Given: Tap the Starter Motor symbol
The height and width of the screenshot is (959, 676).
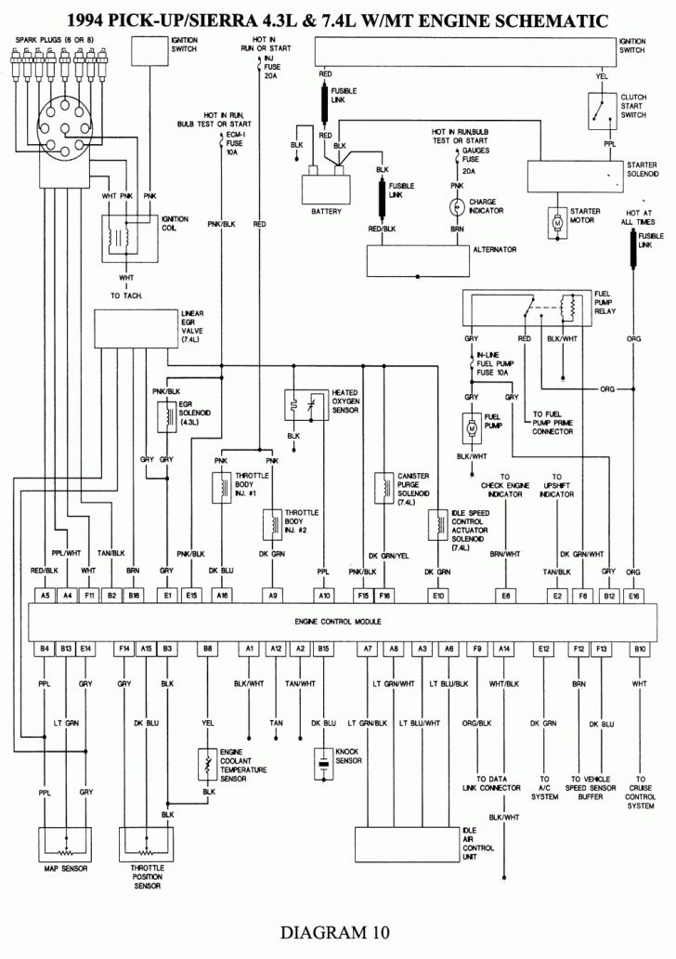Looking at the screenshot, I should tap(558, 223).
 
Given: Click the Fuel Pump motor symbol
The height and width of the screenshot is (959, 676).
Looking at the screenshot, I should tap(470, 427).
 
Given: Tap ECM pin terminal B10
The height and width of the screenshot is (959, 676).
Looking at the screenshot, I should tap(640, 647).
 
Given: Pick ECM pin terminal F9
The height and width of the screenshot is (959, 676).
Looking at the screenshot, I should tap(477, 647).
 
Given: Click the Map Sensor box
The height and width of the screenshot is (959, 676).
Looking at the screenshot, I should tap(65, 847).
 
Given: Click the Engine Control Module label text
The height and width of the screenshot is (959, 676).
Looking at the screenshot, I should tap(338, 620).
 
